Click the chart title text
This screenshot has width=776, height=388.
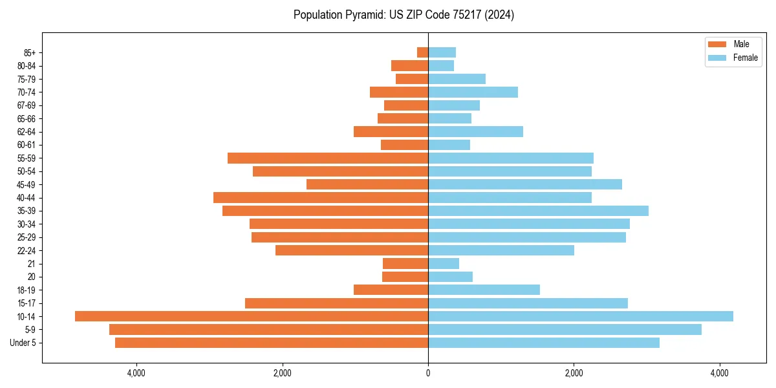pos(404,15)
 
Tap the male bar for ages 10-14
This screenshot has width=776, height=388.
pos(252,316)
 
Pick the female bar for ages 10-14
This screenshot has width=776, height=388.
pos(581,316)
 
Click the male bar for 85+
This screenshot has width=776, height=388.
pos(423,52)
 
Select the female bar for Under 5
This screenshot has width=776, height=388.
pos(544,343)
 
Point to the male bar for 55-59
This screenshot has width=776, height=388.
pos(328,158)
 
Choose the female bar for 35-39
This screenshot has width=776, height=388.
pos(538,211)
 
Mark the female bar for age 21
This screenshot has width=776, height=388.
pos(444,264)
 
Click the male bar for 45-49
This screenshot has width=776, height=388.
pos(367,184)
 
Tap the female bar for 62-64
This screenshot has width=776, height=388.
pos(475,132)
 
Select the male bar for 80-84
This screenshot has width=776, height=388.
pos(410,65)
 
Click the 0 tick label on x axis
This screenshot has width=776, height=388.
pos(428,373)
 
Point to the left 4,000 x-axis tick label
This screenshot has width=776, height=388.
pos(136,373)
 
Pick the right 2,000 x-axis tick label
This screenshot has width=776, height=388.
pos(574,373)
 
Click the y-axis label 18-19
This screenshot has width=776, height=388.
pos(27,290)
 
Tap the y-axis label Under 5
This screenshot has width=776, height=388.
pos(23,343)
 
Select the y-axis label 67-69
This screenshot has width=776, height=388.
pos(27,105)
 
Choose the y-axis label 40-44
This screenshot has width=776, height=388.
pos(27,198)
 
